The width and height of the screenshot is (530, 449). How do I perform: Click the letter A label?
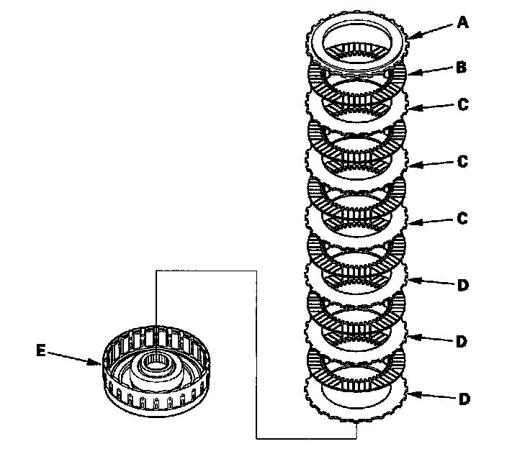(462, 22)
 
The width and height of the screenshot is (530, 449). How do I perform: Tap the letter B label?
(461, 67)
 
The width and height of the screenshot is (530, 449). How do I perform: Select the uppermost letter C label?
(463, 104)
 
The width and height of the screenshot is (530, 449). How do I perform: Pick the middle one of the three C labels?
(462, 161)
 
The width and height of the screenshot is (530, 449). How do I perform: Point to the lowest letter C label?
(462, 218)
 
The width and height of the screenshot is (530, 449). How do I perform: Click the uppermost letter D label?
(463, 285)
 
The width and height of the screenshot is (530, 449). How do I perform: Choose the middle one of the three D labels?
(462, 341)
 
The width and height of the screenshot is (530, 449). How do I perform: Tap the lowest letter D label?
(464, 399)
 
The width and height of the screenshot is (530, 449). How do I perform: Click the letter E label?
(41, 350)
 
